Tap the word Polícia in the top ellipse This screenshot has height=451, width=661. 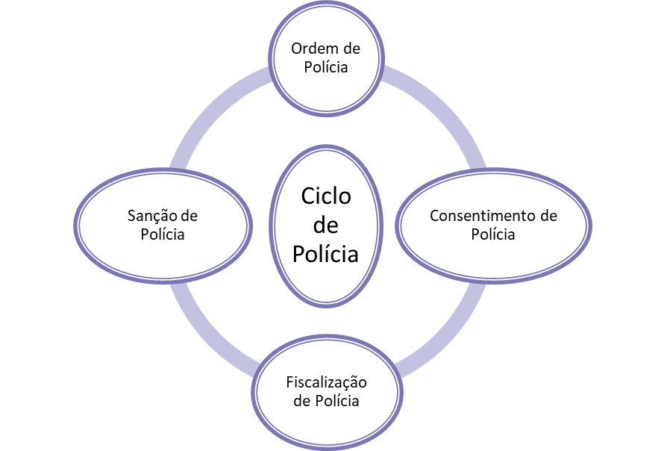click(x=326, y=66)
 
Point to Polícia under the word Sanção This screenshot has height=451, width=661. click(x=163, y=234)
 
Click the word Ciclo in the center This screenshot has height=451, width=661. click(x=326, y=196)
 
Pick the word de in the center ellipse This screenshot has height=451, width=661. click(x=326, y=225)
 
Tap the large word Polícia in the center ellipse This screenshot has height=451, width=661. click(x=326, y=254)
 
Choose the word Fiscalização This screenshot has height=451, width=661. click(x=327, y=382)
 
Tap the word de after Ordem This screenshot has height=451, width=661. click(x=351, y=49)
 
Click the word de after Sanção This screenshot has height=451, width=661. click(x=189, y=216)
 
